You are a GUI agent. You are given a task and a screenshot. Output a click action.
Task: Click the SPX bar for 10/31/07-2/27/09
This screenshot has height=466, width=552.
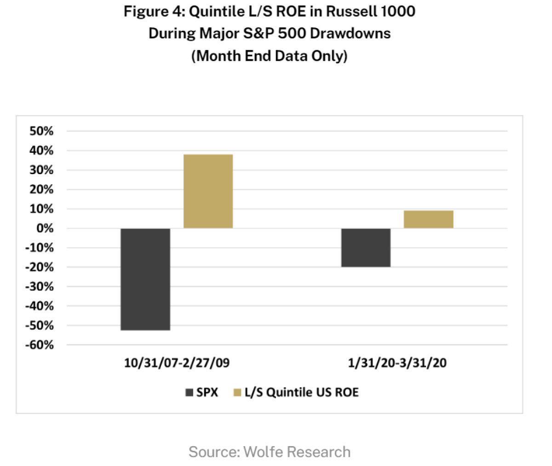[145, 279]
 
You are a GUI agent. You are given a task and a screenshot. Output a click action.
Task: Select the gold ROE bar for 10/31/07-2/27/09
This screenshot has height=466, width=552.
[208, 192]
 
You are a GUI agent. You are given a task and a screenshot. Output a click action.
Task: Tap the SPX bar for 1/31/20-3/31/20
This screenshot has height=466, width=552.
[366, 248]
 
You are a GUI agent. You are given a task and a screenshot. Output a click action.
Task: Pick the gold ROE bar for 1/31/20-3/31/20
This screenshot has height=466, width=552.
[428, 219]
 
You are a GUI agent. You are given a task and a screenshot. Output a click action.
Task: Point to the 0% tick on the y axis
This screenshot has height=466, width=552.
[45, 229]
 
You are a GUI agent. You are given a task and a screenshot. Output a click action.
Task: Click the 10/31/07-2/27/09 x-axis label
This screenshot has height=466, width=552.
[177, 363]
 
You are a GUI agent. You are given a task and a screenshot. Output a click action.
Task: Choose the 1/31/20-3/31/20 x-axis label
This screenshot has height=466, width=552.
[397, 363]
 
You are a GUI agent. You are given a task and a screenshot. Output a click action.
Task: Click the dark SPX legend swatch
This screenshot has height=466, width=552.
[189, 393]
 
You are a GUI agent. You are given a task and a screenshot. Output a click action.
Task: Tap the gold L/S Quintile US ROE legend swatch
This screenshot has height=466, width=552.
[237, 393]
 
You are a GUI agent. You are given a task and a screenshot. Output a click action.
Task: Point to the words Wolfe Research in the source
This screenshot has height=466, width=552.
[297, 452]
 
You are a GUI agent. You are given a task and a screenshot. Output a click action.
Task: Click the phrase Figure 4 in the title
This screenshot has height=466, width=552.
[154, 11]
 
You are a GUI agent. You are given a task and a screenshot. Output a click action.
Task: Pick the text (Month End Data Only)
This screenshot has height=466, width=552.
[270, 56]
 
